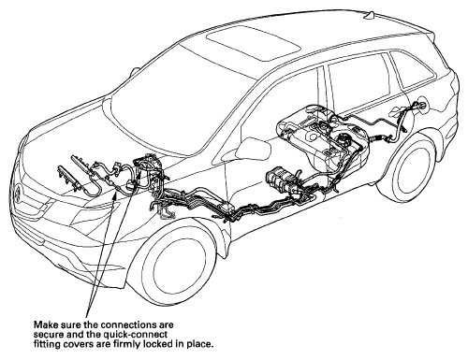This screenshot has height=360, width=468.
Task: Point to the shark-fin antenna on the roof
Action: [371, 16]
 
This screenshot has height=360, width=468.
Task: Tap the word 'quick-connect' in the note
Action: [141, 335]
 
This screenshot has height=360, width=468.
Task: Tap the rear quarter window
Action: [411, 69]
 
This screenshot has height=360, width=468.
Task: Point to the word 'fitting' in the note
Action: [45, 345]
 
